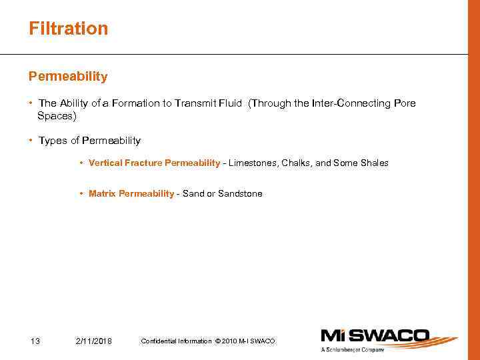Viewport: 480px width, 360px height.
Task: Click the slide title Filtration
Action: click(68, 29)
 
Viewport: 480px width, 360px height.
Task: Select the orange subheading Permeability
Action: click(67, 77)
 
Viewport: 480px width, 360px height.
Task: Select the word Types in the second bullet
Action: click(53, 141)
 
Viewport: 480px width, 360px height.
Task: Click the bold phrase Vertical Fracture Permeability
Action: click(154, 163)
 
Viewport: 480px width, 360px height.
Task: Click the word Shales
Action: click(375, 163)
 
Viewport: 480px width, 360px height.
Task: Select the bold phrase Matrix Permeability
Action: click(131, 194)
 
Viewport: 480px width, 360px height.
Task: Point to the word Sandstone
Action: click(240, 194)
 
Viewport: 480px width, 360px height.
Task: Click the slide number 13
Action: click(35, 341)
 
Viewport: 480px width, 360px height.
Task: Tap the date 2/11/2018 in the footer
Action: click(94, 341)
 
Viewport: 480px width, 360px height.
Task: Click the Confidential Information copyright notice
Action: click(207, 341)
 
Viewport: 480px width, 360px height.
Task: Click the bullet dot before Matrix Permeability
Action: click(81, 194)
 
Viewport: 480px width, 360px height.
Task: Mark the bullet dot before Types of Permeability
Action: click(31, 141)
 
